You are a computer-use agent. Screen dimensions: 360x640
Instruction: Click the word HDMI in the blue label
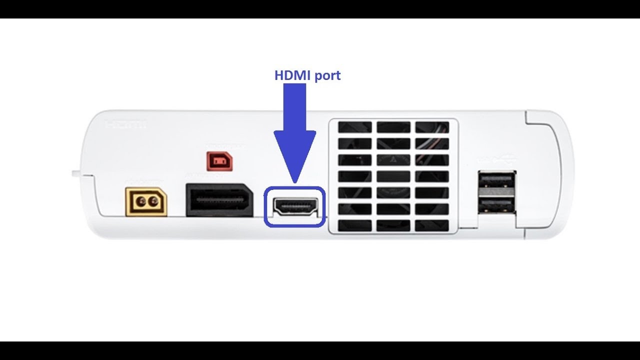point(291,76)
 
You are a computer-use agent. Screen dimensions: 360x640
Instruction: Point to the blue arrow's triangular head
point(294,155)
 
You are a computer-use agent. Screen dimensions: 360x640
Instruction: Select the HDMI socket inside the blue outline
point(294,206)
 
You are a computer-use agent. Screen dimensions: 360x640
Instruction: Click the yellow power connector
point(145,201)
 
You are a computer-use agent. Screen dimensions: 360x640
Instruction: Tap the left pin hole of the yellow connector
point(140,201)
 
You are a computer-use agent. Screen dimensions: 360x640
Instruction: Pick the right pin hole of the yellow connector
point(153,201)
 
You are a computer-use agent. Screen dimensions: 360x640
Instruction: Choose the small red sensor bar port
point(218,161)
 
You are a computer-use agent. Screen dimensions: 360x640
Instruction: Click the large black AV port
point(219,200)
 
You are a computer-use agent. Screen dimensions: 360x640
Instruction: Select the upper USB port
point(496,180)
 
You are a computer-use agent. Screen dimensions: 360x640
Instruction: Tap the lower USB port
point(496,203)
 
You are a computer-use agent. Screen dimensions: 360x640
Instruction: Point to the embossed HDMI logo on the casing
point(126,124)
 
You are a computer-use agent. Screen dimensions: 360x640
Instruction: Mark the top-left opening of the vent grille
point(354,127)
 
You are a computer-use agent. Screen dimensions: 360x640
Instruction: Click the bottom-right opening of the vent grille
point(432,225)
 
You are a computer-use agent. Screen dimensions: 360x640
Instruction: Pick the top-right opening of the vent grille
point(432,127)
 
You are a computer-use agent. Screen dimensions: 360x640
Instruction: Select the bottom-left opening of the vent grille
point(354,225)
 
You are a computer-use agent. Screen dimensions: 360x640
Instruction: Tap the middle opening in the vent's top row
point(393,127)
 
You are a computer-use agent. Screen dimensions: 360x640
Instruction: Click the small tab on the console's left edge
point(75,173)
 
